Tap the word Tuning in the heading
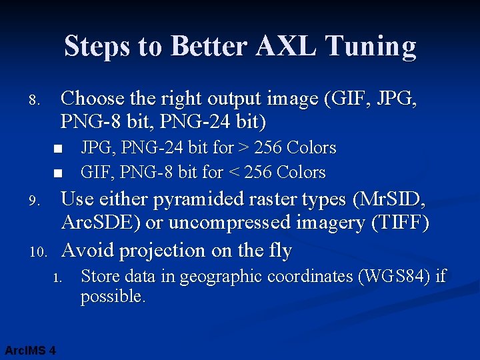pos(373,47)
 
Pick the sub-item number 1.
pos(57,277)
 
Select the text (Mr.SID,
pos(390,199)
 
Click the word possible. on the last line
pos(113,297)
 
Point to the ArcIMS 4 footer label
pos(29,350)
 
